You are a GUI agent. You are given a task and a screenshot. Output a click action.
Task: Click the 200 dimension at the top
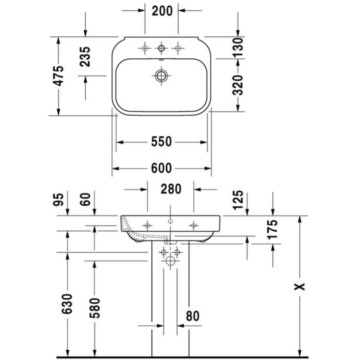click(162, 10)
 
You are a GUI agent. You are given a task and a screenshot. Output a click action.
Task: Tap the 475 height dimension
click(58, 76)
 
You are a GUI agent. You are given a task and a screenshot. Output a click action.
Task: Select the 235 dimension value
click(85, 57)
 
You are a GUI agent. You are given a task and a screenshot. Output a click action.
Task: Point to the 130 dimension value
click(238, 48)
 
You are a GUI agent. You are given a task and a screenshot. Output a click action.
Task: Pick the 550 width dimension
click(161, 142)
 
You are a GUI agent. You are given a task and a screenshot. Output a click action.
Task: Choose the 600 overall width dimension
click(161, 168)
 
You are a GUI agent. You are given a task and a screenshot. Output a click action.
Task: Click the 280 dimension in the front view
click(171, 189)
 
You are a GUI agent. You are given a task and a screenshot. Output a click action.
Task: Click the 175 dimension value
click(273, 230)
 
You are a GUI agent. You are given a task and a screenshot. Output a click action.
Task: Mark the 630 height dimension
click(67, 304)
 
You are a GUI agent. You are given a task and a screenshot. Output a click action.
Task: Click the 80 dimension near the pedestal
click(192, 316)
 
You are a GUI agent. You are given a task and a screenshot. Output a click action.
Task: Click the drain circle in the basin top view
click(161, 75)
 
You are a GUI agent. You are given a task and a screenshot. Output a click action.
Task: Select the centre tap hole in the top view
click(161, 48)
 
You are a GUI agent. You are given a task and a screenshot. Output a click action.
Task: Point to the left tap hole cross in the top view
click(145, 48)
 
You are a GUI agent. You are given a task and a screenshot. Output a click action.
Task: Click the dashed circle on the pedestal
click(170, 261)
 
